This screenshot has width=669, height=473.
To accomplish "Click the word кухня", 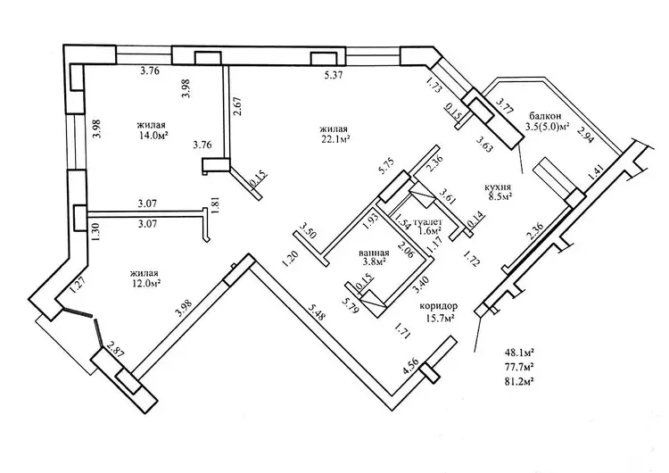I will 497,187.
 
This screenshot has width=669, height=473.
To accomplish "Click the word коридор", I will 422,304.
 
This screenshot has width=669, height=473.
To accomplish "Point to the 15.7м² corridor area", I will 438,318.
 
